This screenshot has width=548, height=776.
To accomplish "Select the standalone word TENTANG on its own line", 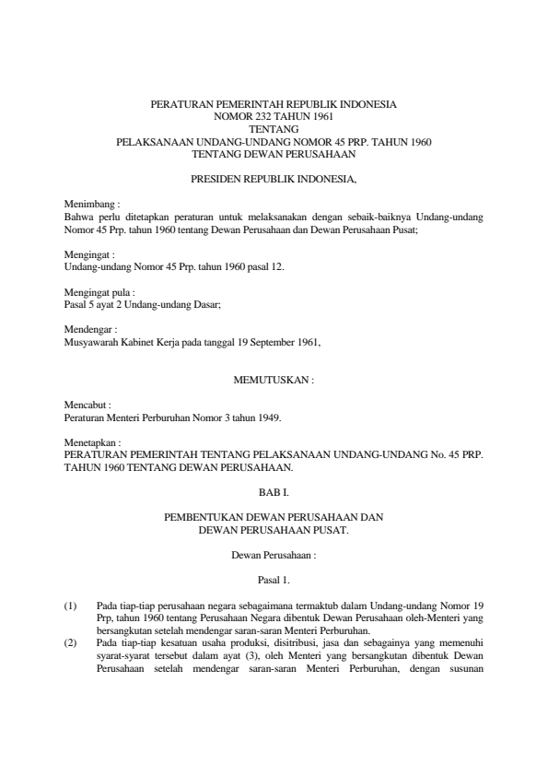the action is (x=274, y=129).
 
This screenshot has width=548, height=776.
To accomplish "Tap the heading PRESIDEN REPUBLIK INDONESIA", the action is (x=273, y=175).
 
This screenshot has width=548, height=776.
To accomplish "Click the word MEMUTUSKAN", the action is (x=273, y=379).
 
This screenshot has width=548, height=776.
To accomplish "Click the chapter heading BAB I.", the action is (x=274, y=493).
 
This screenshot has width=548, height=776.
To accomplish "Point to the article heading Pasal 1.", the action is (x=274, y=580).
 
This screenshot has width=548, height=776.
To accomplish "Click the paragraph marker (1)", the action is (x=70, y=605).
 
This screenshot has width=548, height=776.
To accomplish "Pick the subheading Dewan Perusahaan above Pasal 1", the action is (x=274, y=557).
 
